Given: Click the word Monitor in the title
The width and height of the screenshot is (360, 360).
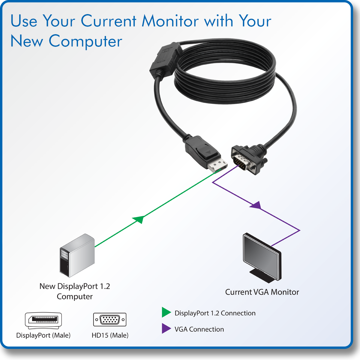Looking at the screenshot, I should [170, 21].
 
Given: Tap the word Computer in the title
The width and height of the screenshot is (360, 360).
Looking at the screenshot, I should [85, 41].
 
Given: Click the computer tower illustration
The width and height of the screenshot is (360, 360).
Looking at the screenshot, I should [77, 256].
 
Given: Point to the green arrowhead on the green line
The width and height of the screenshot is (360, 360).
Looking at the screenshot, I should [139, 219].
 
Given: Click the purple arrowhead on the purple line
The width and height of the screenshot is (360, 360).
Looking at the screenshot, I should [256, 205].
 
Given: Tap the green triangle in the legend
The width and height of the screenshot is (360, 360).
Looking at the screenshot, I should [166, 312].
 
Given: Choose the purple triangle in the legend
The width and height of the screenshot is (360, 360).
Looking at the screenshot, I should [166, 328].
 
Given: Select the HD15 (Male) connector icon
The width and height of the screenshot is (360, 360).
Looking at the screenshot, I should [110, 319].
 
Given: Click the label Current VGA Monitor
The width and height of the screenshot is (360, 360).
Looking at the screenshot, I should [262, 292].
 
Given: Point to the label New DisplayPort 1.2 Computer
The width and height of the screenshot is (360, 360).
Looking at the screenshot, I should [75, 291].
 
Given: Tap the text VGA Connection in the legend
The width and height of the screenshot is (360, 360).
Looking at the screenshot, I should [199, 329].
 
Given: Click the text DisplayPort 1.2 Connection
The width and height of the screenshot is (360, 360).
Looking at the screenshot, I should [215, 313].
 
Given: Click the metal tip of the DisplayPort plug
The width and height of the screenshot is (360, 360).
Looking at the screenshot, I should [218, 166].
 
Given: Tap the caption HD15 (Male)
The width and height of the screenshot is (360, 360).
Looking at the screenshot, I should [110, 335].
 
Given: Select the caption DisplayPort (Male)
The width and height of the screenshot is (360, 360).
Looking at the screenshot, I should [43, 335].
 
